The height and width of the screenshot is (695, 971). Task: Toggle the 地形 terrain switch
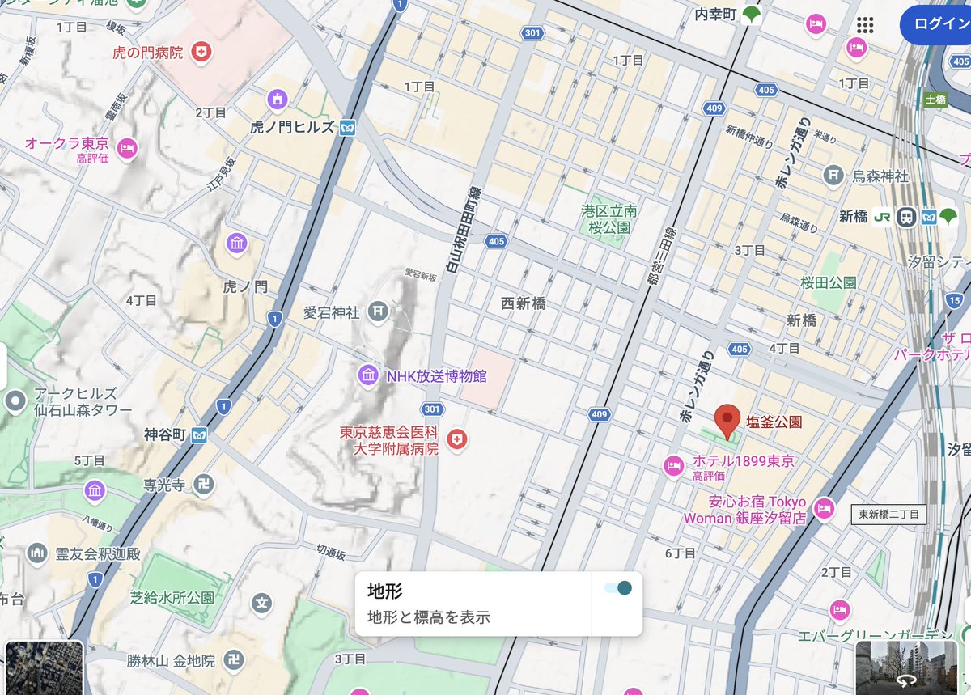618,587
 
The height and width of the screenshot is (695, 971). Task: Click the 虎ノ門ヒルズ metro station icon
348,128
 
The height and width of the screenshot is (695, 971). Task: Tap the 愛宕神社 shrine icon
377,311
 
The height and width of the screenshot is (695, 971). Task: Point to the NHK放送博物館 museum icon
368,375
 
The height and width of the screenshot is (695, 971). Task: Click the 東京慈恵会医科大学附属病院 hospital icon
458,439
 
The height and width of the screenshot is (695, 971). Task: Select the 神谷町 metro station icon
199,435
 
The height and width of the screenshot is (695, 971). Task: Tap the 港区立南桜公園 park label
608,219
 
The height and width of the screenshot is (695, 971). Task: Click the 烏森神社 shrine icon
833,175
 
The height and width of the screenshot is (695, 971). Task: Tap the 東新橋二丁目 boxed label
889,515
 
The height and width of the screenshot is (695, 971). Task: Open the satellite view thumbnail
45,667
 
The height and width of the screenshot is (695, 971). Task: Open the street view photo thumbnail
907,667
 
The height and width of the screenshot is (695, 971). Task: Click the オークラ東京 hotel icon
127,148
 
